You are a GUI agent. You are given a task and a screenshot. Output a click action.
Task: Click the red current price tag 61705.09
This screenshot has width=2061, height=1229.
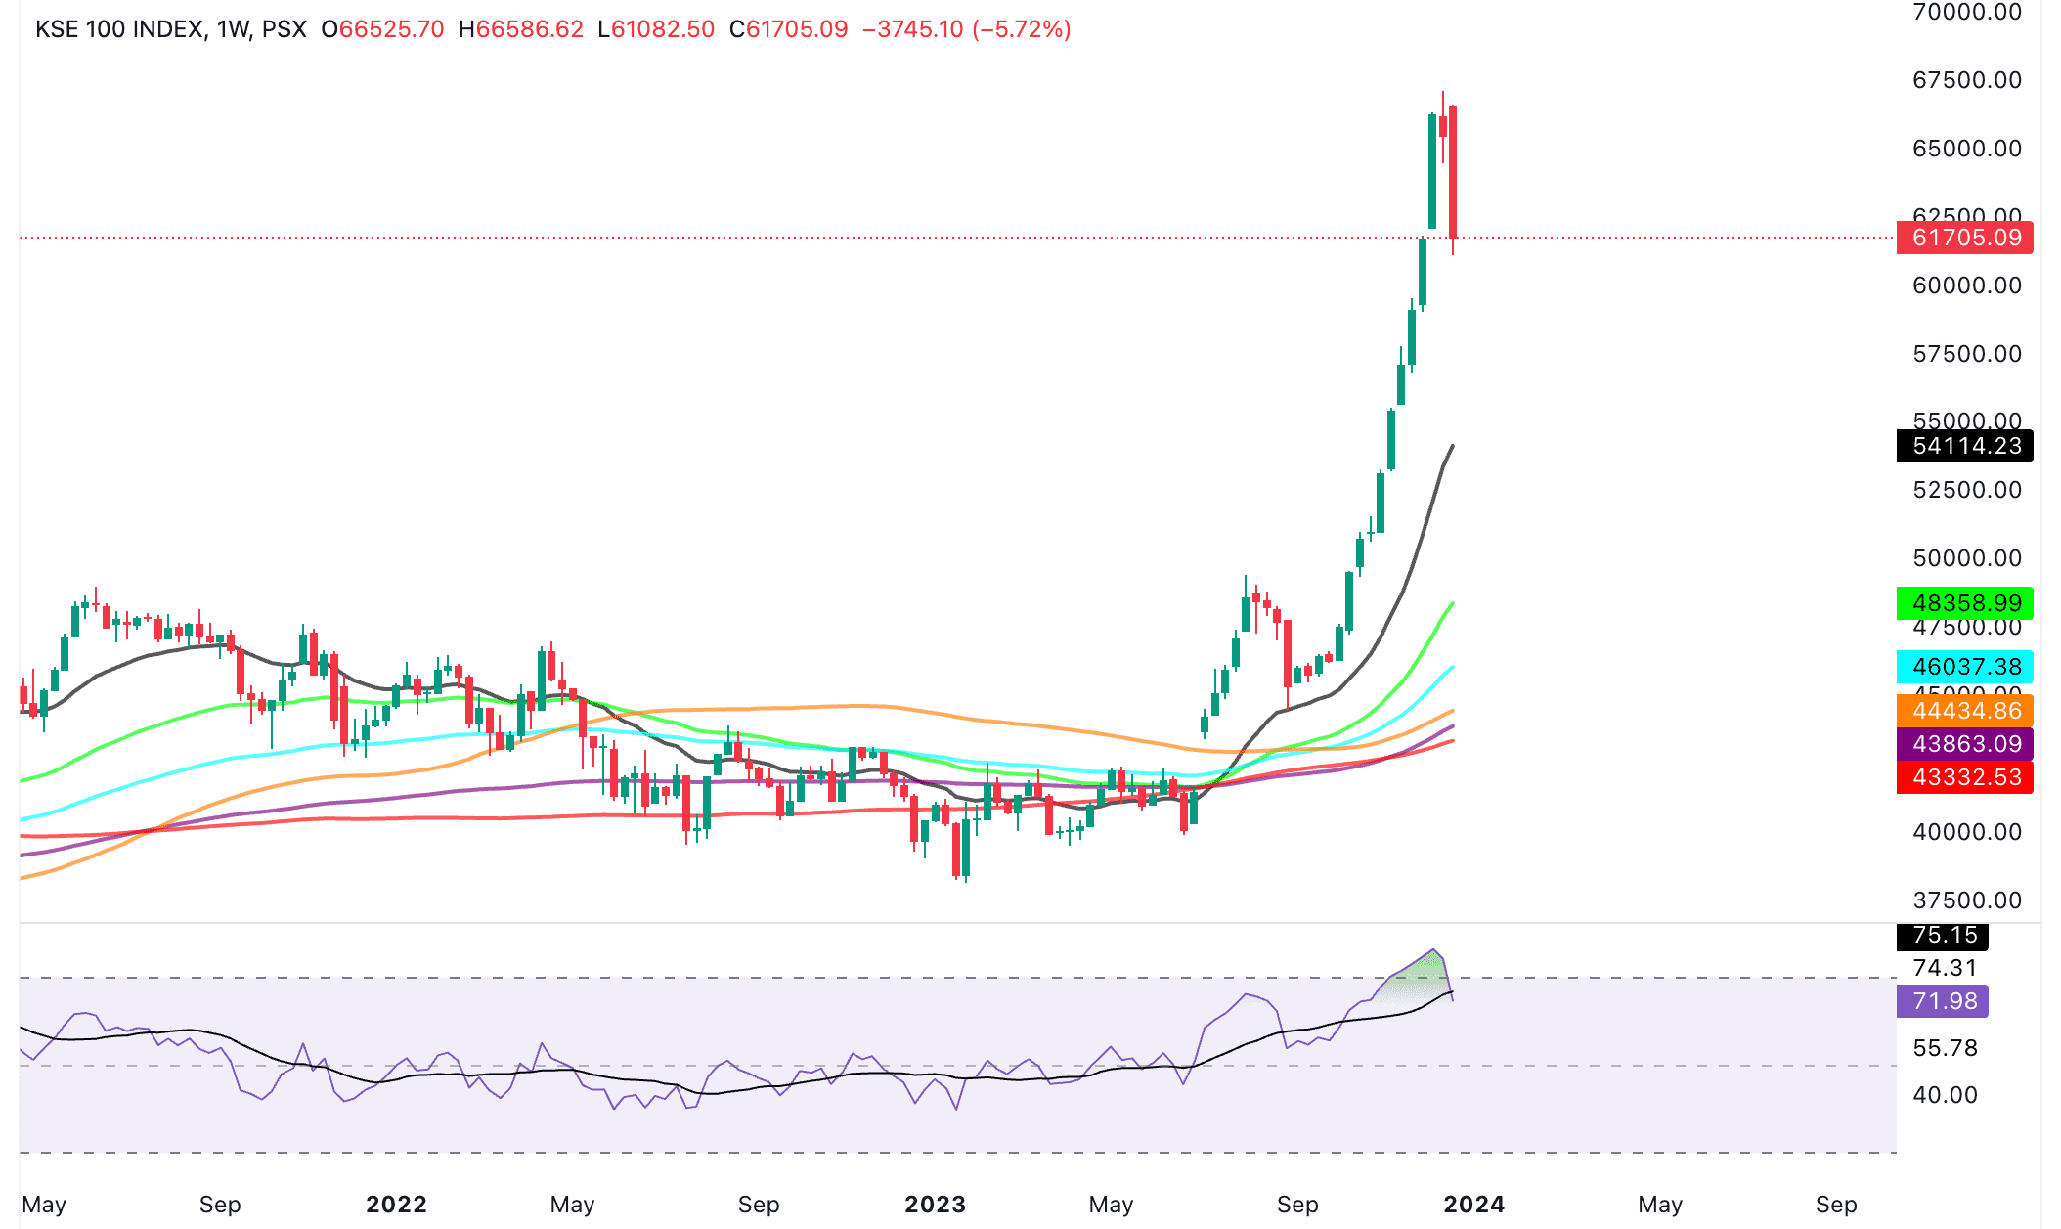tap(1964, 238)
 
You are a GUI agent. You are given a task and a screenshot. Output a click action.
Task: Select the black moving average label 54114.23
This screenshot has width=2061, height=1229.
tap(1964, 446)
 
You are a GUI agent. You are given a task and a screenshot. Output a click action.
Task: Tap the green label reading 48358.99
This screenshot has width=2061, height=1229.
tap(1964, 602)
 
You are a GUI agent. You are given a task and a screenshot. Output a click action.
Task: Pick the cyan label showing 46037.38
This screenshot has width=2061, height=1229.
tap(1964, 667)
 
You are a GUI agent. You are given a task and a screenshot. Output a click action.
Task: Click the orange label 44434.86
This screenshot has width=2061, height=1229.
tap(1964, 711)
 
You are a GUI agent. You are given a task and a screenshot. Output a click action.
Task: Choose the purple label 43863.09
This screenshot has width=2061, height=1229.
tap(1964, 744)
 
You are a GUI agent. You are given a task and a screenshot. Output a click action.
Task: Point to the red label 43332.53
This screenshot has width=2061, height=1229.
tap(1964, 777)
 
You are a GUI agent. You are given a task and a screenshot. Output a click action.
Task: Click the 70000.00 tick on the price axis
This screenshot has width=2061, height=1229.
tap(1966, 13)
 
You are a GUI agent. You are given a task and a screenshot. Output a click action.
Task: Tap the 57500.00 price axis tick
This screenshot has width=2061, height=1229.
tap(1966, 354)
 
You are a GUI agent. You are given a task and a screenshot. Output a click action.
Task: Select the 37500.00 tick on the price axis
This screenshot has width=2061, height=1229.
tap(1966, 900)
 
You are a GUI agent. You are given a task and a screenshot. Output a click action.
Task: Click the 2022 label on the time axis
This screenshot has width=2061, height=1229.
tap(396, 1205)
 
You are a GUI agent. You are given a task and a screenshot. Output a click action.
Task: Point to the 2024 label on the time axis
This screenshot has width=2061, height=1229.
tap(1474, 1205)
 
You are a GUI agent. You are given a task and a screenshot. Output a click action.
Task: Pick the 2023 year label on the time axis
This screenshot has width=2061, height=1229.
tap(935, 1205)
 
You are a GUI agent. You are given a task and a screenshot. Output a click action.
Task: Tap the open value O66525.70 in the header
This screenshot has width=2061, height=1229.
tap(382, 29)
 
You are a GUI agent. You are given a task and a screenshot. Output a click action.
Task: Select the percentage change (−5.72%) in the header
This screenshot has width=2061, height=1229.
tap(1021, 29)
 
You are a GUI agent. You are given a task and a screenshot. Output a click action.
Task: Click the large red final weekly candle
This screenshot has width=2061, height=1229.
tap(1454, 171)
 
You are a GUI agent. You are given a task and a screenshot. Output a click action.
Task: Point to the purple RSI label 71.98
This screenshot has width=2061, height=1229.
tap(1943, 1001)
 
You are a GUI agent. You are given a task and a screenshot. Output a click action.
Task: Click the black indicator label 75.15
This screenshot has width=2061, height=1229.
tap(1943, 936)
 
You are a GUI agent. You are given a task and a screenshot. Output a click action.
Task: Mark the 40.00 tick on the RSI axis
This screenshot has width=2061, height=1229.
tap(1945, 1095)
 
